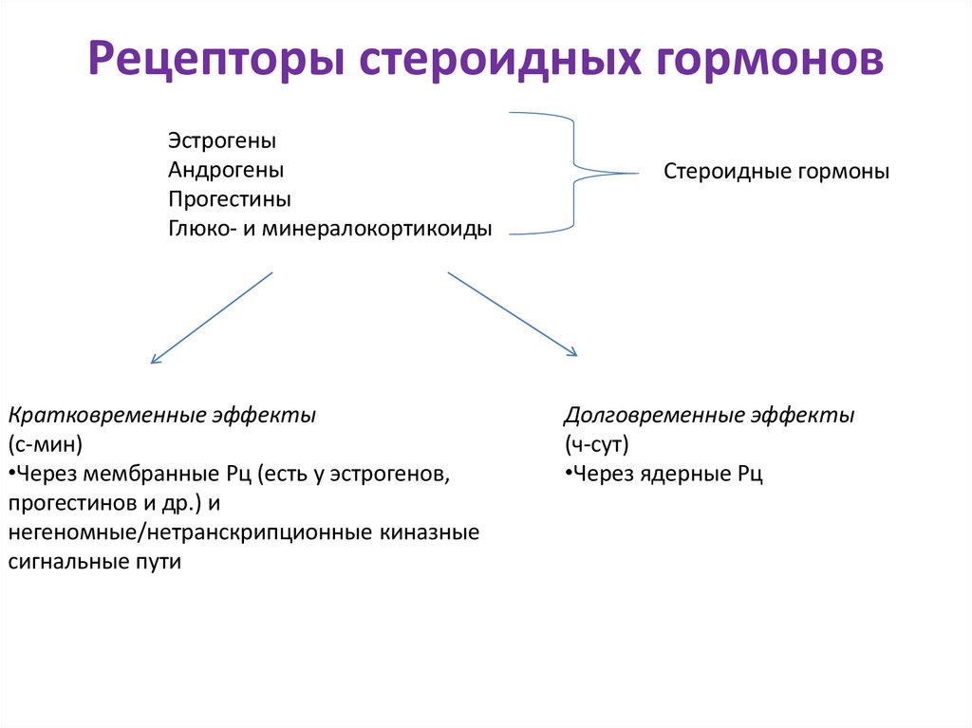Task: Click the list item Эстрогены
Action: (222, 140)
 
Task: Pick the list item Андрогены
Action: (226, 170)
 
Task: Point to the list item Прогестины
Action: (230, 199)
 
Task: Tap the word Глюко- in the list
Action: (196, 229)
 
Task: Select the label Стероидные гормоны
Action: (776, 173)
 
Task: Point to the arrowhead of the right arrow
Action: (573, 354)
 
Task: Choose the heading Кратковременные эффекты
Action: (162, 416)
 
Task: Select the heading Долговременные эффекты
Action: (709, 416)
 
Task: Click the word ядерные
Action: (678, 474)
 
